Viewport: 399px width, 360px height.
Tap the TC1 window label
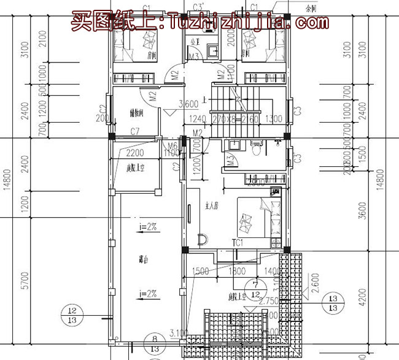coord(238,243)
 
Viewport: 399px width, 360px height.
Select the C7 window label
coord(136,130)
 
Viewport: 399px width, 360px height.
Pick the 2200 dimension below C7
coord(135,153)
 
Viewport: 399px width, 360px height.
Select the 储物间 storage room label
coord(137,113)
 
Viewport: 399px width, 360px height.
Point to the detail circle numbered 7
coord(254,285)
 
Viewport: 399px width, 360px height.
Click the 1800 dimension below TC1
coord(238,270)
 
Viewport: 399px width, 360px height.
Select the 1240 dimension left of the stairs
coord(198,118)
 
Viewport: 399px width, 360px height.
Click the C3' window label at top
coord(199,7)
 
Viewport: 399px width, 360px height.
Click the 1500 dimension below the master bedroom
coord(200,270)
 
